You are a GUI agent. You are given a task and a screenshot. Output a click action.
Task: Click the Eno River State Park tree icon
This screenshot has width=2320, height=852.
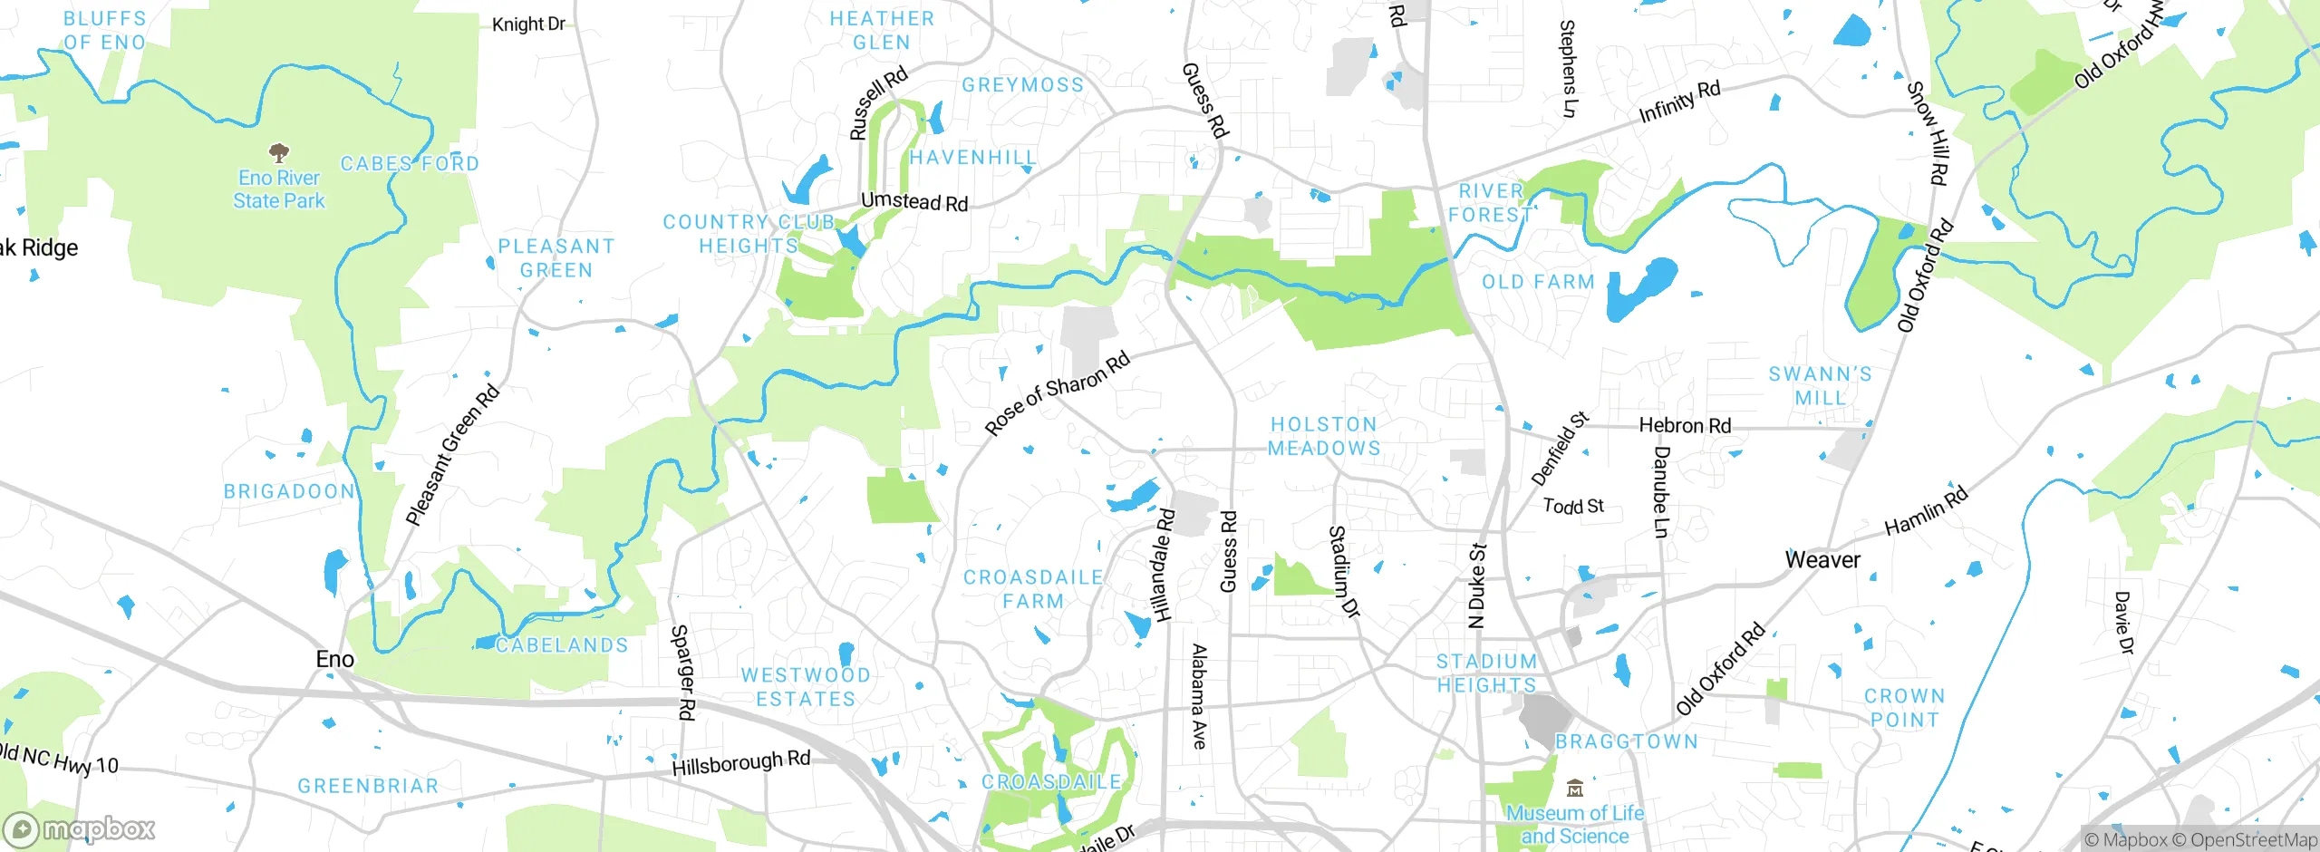pyautogui.click(x=279, y=152)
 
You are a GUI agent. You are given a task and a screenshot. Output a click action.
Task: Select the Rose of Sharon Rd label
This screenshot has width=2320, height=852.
pyautogui.click(x=1057, y=392)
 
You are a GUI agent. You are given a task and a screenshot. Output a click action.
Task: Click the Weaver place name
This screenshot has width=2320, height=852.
pyautogui.click(x=1822, y=560)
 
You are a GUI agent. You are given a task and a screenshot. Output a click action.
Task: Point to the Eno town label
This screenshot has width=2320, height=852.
pyautogui.click(x=334, y=660)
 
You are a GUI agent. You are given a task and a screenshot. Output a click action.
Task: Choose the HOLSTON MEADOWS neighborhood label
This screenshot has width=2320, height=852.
pyautogui.click(x=1324, y=436)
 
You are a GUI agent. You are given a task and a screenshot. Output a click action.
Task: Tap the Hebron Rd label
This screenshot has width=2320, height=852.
pyautogui.click(x=1685, y=426)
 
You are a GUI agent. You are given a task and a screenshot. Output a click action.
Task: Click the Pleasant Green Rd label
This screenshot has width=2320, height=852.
pyautogui.click(x=452, y=455)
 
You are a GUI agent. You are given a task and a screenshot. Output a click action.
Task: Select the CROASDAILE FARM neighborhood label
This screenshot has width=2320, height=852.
pyautogui.click(x=1032, y=589)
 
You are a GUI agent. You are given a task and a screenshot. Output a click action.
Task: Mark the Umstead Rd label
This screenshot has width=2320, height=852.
pyautogui.click(x=913, y=201)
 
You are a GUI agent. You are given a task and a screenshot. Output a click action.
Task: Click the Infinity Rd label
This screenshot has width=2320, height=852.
pyautogui.click(x=1679, y=102)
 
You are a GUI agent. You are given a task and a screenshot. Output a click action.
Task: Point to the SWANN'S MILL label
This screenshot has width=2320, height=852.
pyautogui.click(x=1820, y=386)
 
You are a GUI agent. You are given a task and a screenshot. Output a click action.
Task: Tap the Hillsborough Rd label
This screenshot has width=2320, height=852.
pyautogui.click(x=740, y=763)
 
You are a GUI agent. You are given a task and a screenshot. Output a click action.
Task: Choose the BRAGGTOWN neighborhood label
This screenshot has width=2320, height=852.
pyautogui.click(x=1627, y=741)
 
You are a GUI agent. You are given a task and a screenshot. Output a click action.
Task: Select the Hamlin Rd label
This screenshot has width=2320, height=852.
pyautogui.click(x=1926, y=510)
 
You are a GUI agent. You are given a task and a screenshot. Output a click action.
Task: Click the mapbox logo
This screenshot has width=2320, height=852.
pyautogui.click(x=80, y=829)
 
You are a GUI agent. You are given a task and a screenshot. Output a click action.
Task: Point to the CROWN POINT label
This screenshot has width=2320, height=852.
pyautogui.click(x=1904, y=708)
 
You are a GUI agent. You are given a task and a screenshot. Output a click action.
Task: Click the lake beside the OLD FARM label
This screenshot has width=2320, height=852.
pyautogui.click(x=1640, y=287)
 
